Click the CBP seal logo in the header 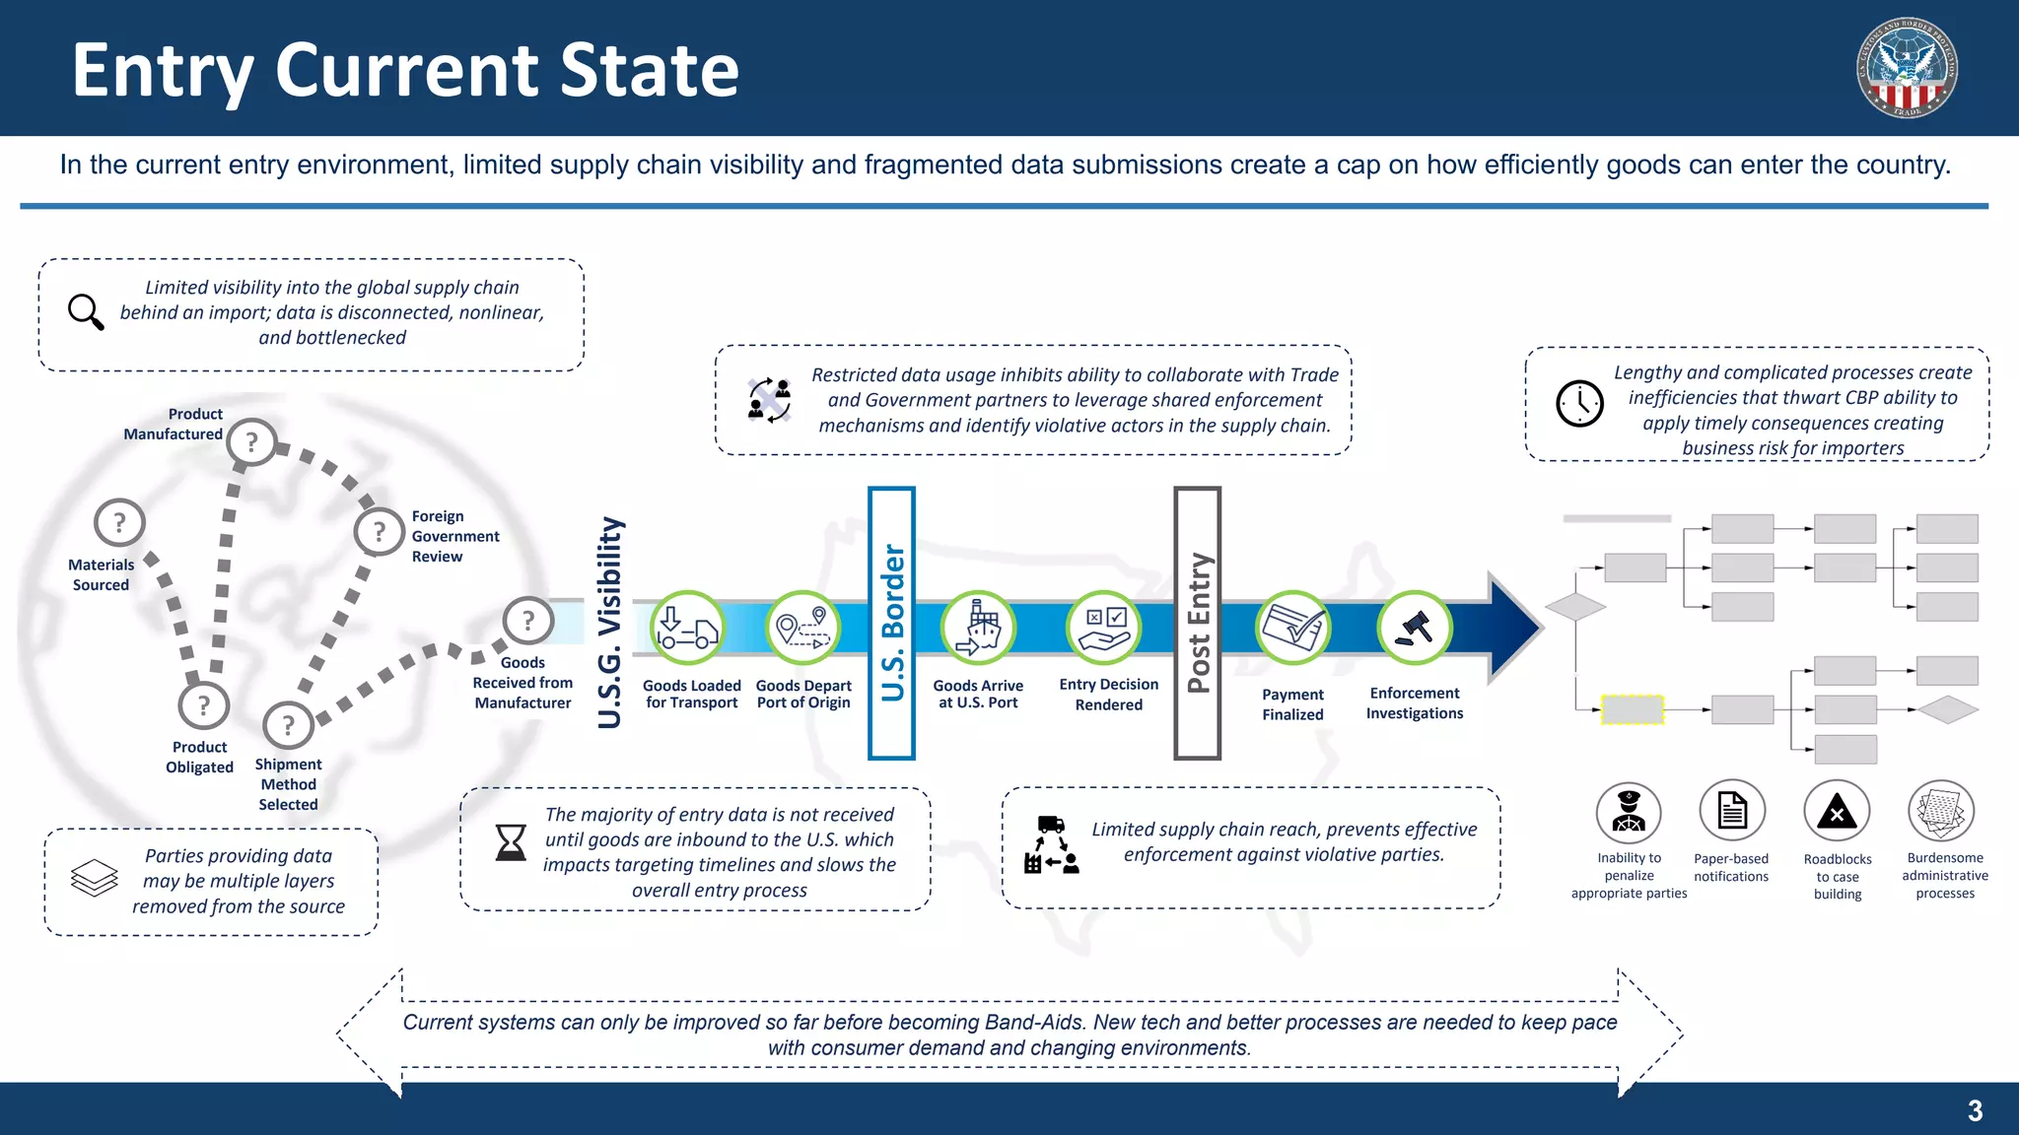tap(1907, 68)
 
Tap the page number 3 tap(1975, 1111)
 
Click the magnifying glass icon tap(86, 311)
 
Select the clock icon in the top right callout tap(1579, 403)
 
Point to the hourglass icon tap(511, 842)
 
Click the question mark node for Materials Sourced tap(119, 523)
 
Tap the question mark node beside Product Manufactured tap(251, 442)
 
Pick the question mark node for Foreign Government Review tap(380, 532)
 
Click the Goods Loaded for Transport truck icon tap(687, 628)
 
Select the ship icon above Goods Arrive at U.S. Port tap(978, 628)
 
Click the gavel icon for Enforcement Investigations tap(1415, 628)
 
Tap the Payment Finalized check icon tap(1292, 628)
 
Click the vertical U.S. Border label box tap(891, 623)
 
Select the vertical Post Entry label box tap(1197, 623)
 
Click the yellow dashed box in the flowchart tap(1632, 709)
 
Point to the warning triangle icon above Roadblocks tap(1837, 812)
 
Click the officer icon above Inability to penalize tap(1629, 813)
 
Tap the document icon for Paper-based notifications tap(1732, 812)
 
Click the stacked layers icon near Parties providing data tap(95, 878)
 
